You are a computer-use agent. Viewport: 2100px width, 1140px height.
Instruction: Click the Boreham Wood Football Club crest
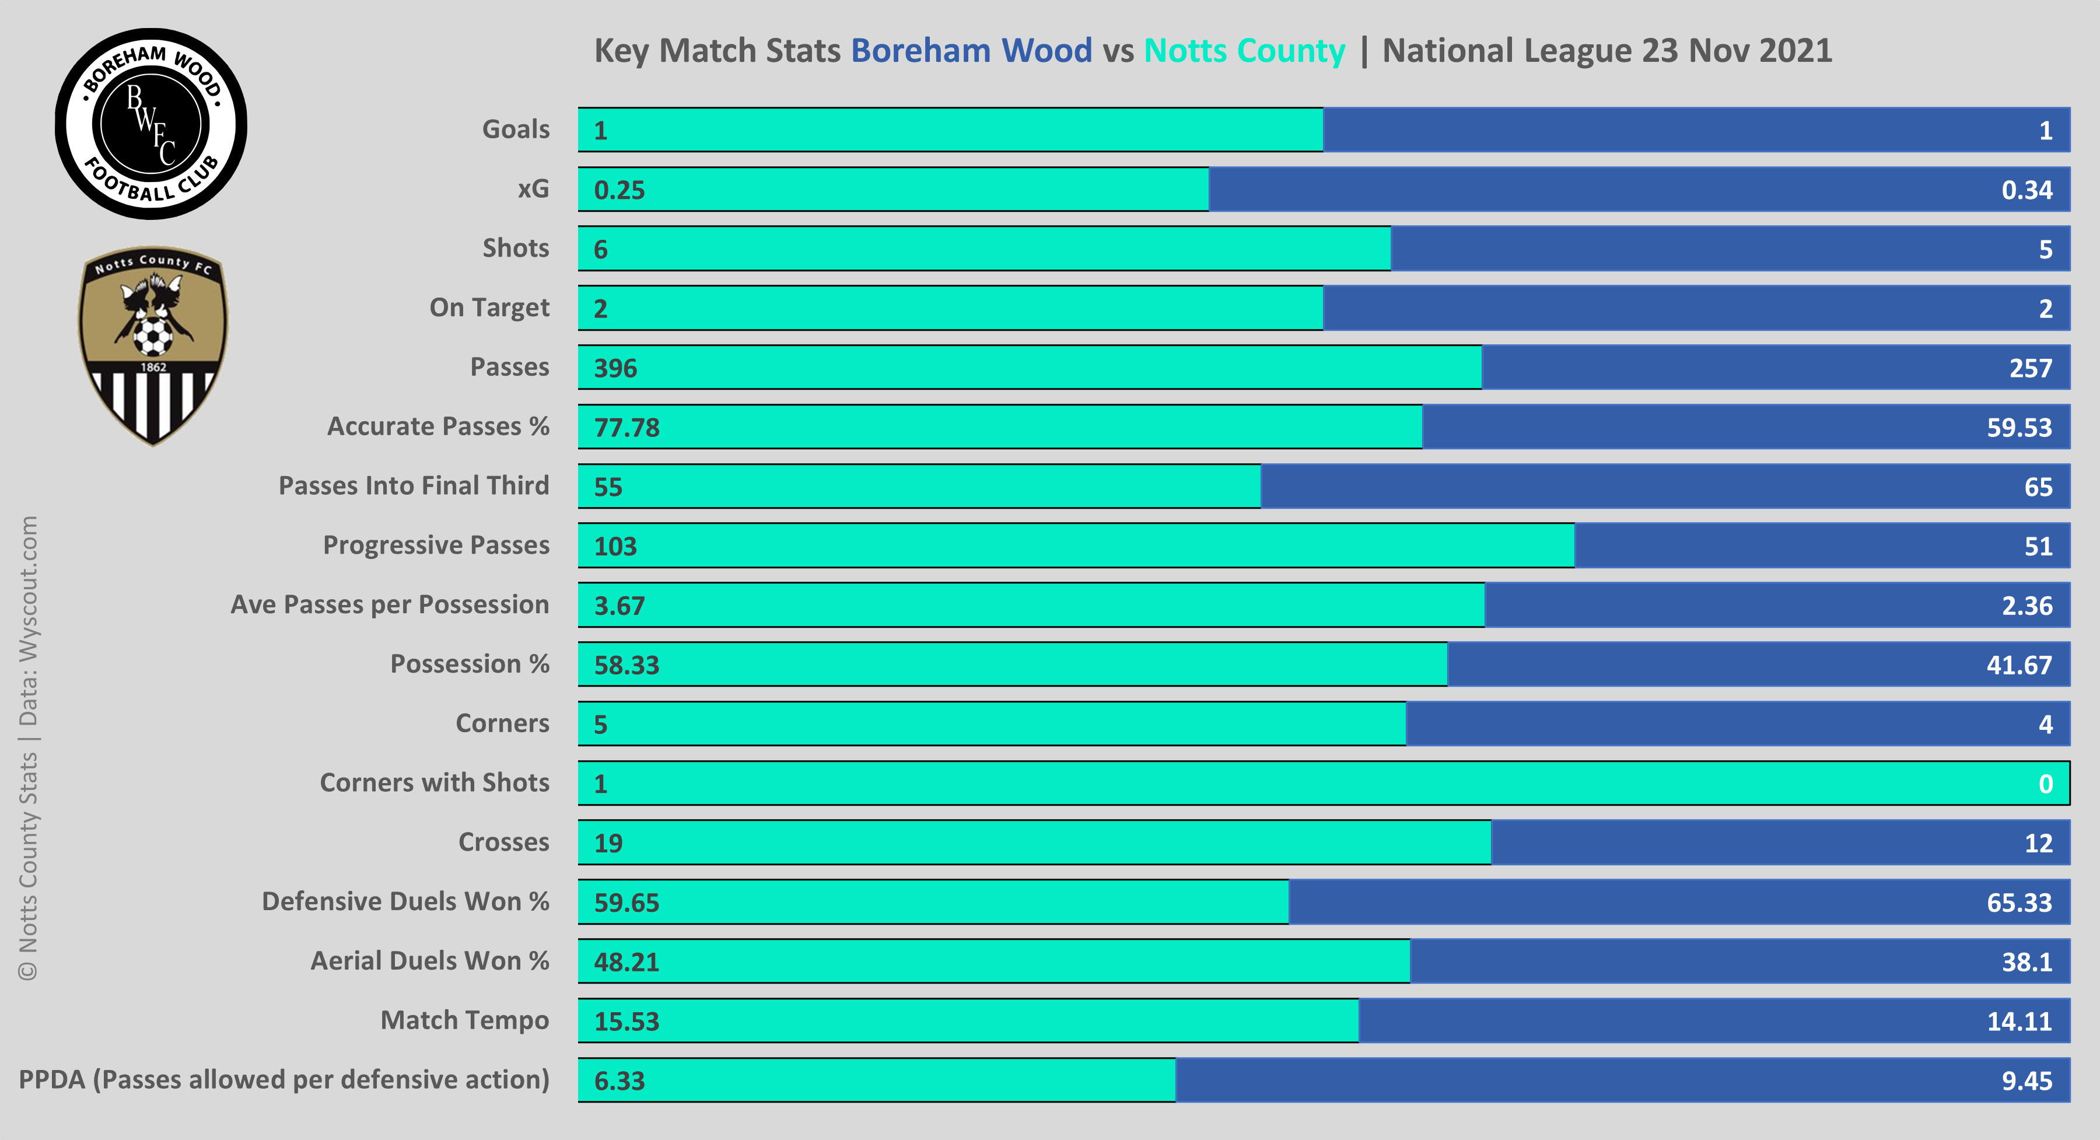[x=151, y=124]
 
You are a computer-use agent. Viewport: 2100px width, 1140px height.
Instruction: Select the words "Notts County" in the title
[x=1244, y=51]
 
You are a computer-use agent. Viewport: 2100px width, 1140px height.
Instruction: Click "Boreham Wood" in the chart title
[x=971, y=51]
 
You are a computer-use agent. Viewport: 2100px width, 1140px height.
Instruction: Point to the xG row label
[x=533, y=189]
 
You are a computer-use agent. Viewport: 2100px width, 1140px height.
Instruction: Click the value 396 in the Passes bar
[x=615, y=368]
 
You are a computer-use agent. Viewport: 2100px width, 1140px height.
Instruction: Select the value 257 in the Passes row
[x=2030, y=368]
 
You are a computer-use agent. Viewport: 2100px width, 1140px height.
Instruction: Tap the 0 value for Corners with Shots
[x=2045, y=784]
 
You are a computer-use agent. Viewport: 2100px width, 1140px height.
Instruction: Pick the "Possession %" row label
[x=470, y=664]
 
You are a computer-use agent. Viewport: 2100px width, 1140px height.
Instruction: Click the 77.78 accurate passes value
[x=626, y=427]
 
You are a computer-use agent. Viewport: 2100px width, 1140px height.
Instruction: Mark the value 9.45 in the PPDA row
[x=2027, y=1080]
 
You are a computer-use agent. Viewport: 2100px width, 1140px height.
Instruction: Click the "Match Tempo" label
[x=465, y=1020]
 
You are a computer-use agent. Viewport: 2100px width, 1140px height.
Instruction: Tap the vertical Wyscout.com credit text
[x=29, y=620]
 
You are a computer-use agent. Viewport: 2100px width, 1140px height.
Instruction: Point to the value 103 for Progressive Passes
[x=615, y=546]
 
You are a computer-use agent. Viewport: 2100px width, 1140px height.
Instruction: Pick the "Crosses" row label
[x=504, y=841]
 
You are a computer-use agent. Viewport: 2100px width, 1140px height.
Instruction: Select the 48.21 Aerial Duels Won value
[x=626, y=962]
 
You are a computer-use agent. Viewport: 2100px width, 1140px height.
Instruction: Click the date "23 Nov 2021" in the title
[x=1737, y=51]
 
